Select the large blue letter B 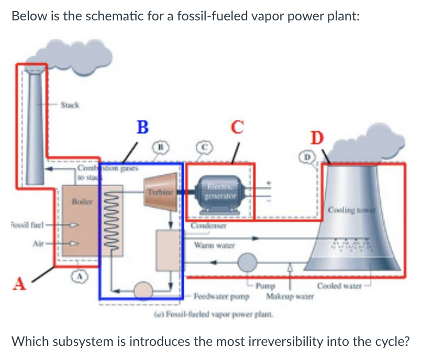click(x=141, y=127)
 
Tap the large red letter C click(x=237, y=127)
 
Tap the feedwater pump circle click(x=141, y=288)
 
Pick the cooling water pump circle click(x=247, y=260)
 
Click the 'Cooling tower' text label click(x=350, y=210)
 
